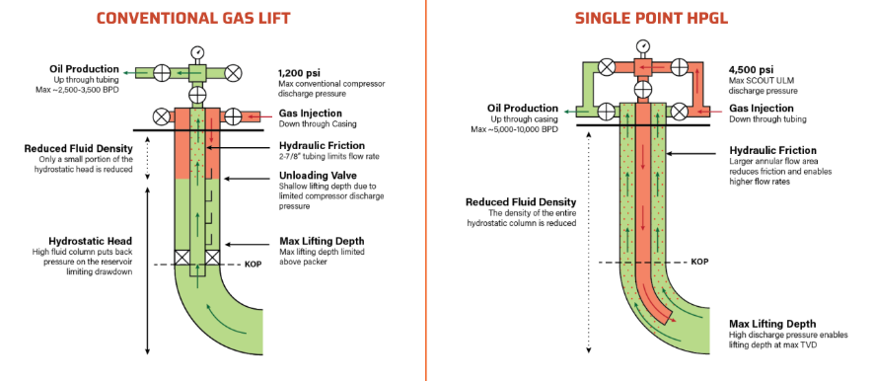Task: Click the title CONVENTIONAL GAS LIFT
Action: coord(193,18)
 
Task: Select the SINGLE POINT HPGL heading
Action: coord(651,18)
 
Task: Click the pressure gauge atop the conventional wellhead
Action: coord(197,53)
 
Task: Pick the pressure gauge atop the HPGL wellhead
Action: coord(643,45)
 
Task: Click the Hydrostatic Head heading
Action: coord(90,241)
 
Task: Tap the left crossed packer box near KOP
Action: coord(182,259)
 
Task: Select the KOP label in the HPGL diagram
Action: coord(699,262)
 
